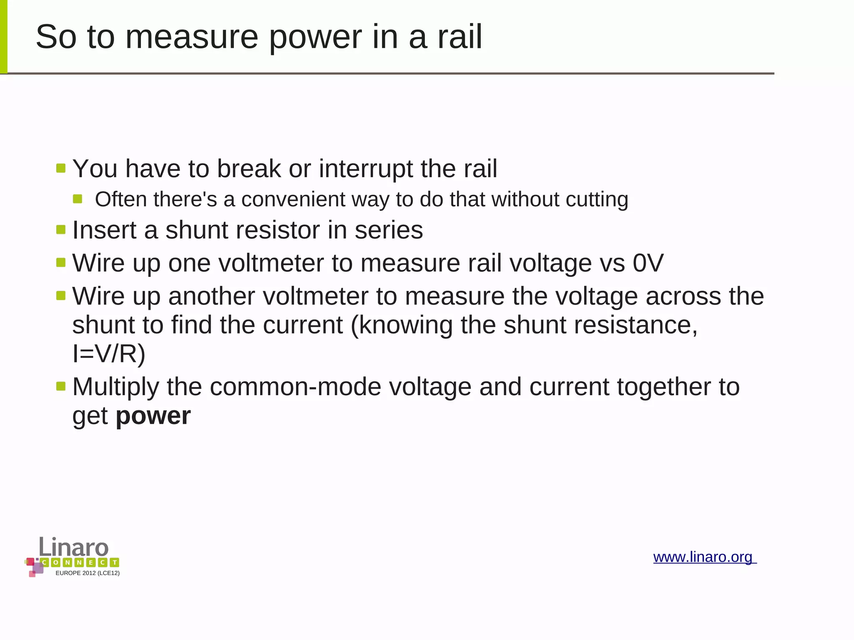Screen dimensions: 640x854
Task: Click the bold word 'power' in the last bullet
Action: (x=153, y=416)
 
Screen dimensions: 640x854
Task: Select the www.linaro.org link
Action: (x=704, y=557)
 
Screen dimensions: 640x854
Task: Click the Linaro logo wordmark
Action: (x=74, y=547)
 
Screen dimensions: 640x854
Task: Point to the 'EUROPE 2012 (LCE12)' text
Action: (x=88, y=573)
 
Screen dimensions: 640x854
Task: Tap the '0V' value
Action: (x=648, y=263)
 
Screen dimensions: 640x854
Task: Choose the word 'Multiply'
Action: (x=116, y=387)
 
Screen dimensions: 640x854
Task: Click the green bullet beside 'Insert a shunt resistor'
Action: (x=61, y=230)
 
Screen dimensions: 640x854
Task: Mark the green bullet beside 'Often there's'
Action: (x=78, y=198)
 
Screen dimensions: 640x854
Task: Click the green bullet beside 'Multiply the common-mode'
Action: (x=61, y=387)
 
